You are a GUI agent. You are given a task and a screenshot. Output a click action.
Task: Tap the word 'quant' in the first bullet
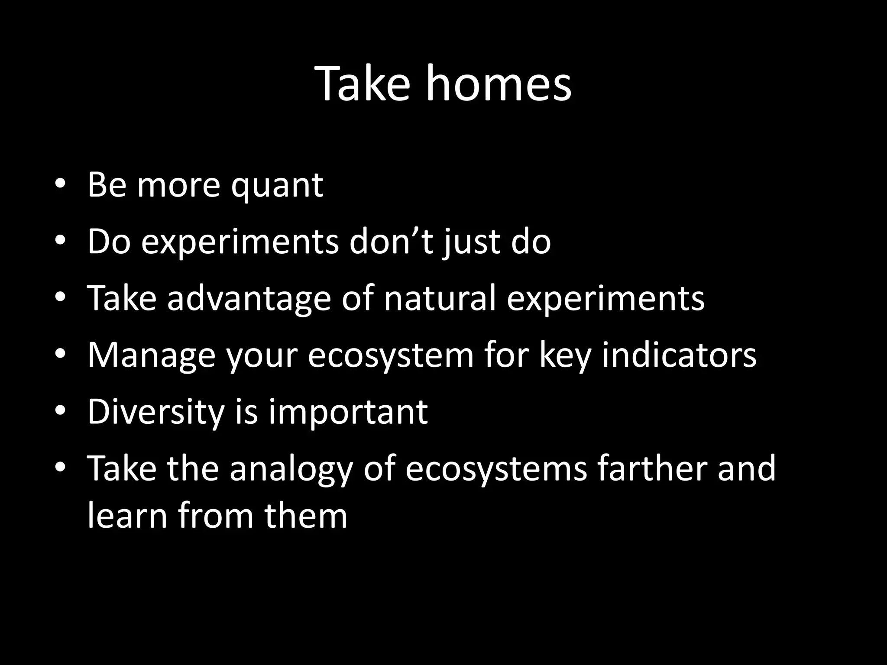tap(277, 186)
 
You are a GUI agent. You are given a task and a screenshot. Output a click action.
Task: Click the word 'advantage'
tap(249, 299)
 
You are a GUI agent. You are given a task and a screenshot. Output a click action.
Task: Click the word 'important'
tap(348, 412)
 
